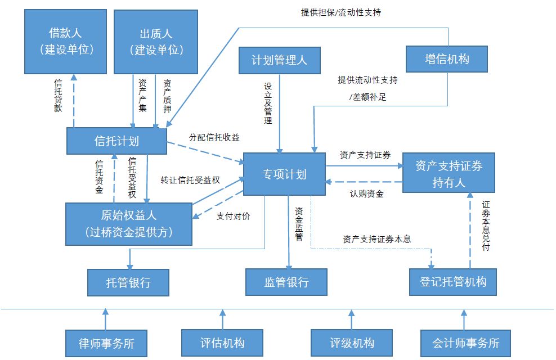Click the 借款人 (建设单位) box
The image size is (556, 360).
pyautogui.click(x=66, y=42)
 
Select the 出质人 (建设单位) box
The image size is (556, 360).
pyautogui.click(x=156, y=42)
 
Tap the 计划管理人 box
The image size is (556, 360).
pyautogui.click(x=280, y=60)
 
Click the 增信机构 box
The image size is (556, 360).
pyautogui.click(x=447, y=59)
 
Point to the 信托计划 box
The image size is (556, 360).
pyautogui.click(x=116, y=141)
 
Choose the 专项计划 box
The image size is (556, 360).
pyautogui.click(x=284, y=174)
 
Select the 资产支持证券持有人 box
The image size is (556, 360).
pyautogui.click(x=449, y=173)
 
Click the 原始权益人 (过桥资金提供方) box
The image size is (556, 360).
pyautogui.click(x=129, y=224)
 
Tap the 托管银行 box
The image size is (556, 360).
pyautogui.click(x=128, y=282)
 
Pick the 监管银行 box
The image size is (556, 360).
pyautogui.click(x=286, y=282)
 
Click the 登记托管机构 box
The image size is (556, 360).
pyautogui.click(x=453, y=282)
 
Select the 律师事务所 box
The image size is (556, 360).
pyautogui.click(x=106, y=343)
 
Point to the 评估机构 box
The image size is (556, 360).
pyautogui.click(x=222, y=343)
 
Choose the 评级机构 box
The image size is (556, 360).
pyautogui.click(x=352, y=343)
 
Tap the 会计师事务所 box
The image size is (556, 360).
pyautogui.click(x=465, y=343)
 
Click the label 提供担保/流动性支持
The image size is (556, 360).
pyautogui.click(x=341, y=13)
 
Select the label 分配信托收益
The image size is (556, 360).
pyautogui.click(x=214, y=137)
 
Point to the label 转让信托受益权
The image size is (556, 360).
pyautogui.click(x=190, y=180)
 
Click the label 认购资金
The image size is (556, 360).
pyautogui.click(x=367, y=194)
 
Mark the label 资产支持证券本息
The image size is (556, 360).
pyautogui.click(x=376, y=239)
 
